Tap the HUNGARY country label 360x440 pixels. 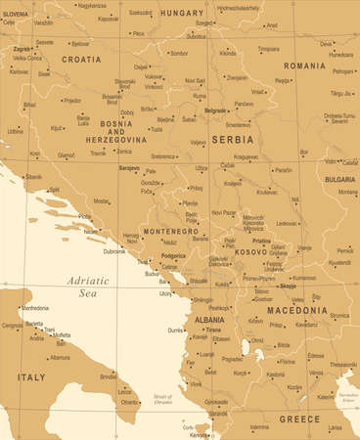pos(181,13)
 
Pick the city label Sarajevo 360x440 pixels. pos(129,168)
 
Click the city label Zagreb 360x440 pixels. pos(21,48)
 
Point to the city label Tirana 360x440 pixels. pos(212,330)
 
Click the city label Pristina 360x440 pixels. pos(260,240)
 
